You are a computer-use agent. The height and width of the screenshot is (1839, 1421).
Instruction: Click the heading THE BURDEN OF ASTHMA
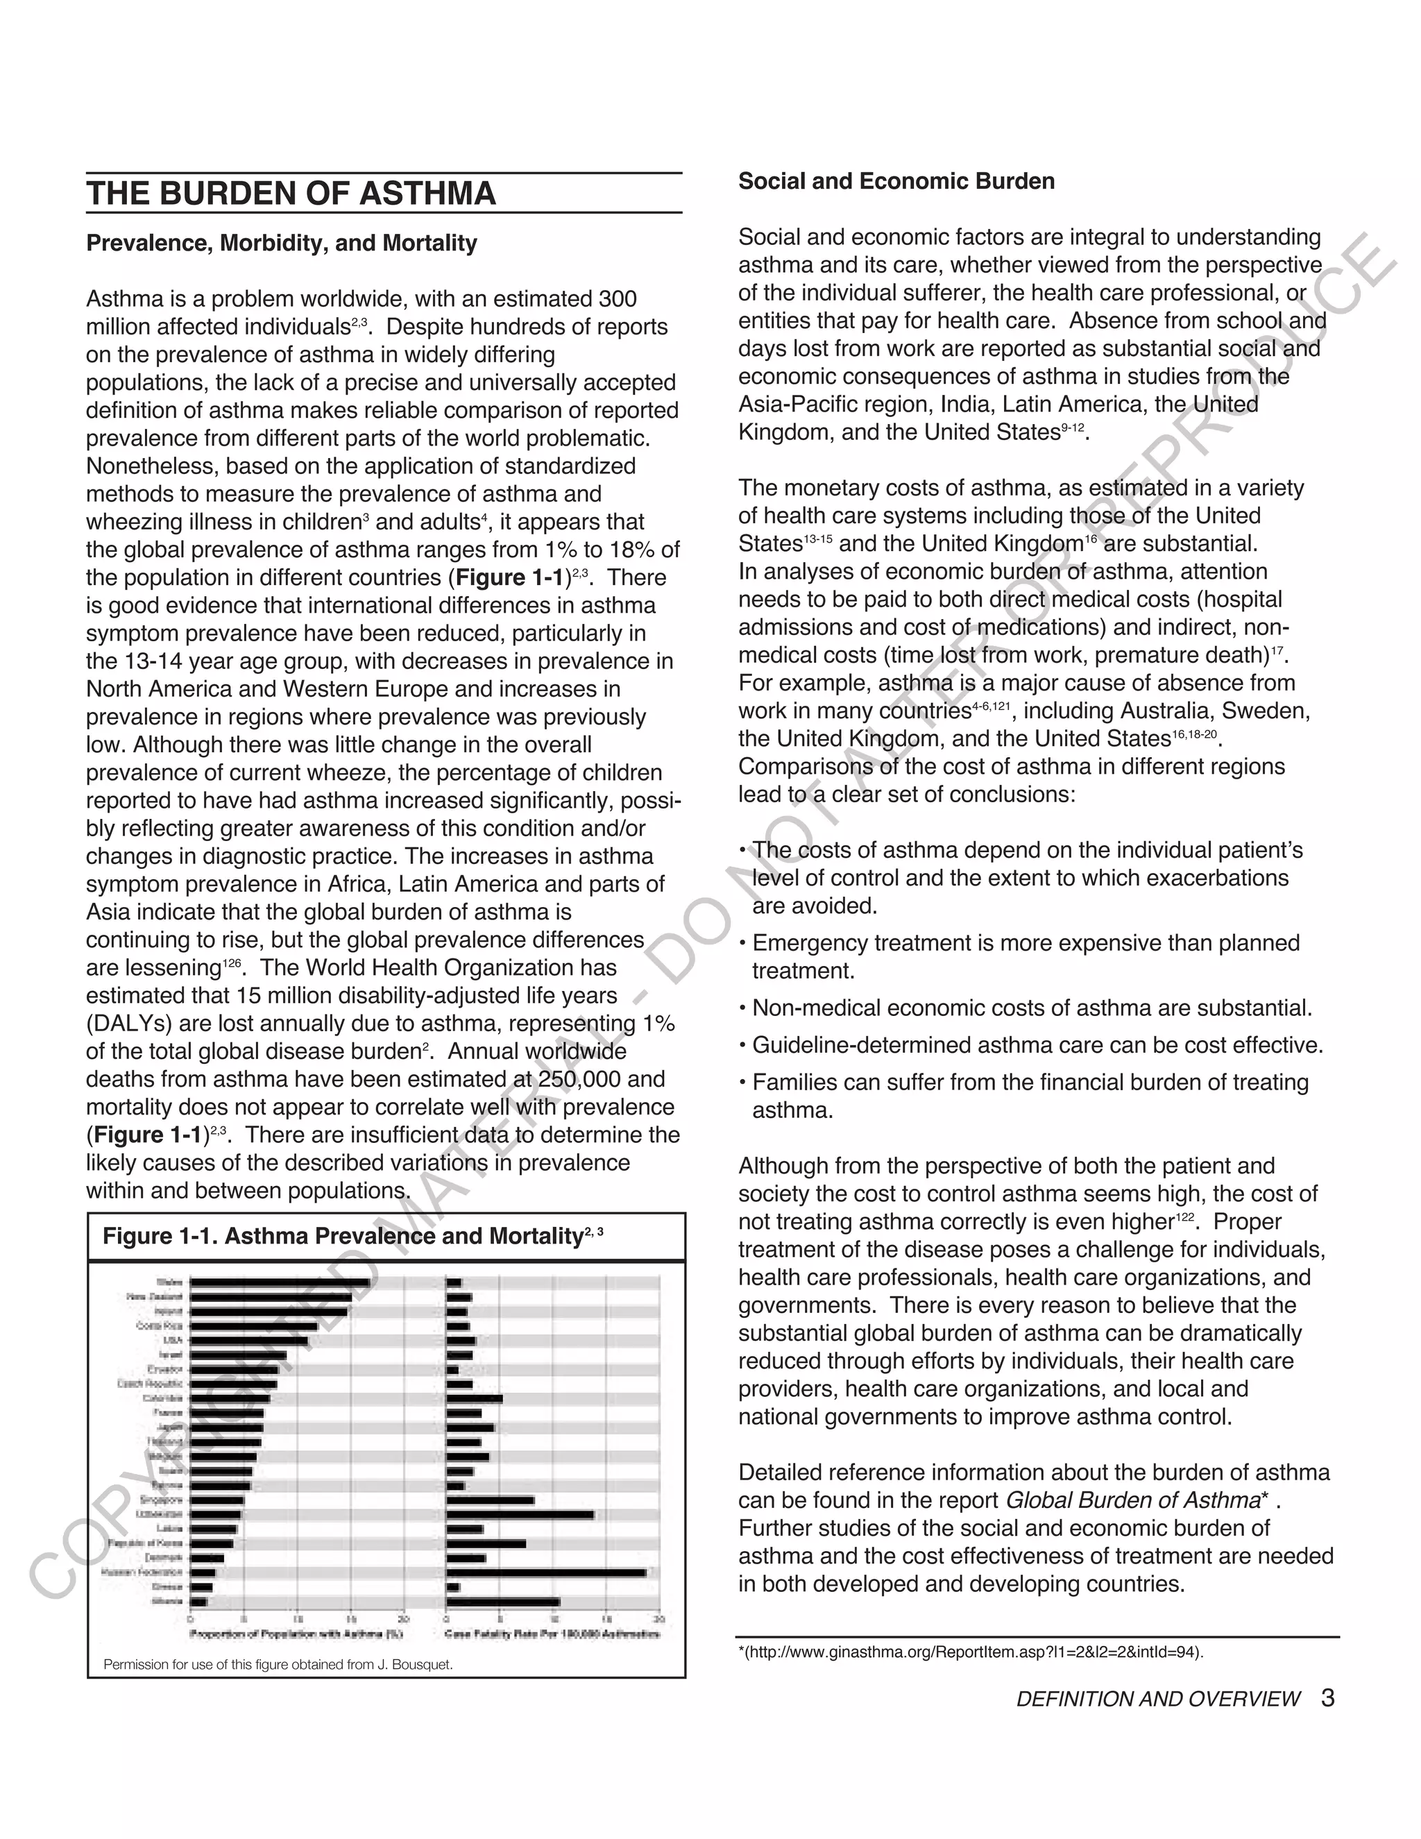(x=291, y=194)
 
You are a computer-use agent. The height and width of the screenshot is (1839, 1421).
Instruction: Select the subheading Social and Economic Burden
(x=896, y=182)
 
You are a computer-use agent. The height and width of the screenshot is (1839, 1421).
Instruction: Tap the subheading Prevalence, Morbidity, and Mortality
(x=281, y=244)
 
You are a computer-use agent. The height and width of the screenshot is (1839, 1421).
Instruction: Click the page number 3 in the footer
(x=1327, y=1697)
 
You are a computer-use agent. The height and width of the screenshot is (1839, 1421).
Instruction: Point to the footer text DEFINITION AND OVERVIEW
(x=1157, y=1700)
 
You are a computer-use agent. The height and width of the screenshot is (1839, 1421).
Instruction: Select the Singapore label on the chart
(x=161, y=1500)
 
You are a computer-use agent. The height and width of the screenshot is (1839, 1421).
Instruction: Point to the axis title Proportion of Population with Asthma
(x=296, y=1634)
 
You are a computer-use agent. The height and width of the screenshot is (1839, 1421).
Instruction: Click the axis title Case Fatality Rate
(x=552, y=1634)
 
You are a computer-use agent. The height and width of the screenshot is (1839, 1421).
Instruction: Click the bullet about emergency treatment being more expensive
(x=1025, y=956)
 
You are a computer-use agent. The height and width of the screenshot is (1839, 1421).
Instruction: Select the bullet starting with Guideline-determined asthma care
(x=1037, y=1045)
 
